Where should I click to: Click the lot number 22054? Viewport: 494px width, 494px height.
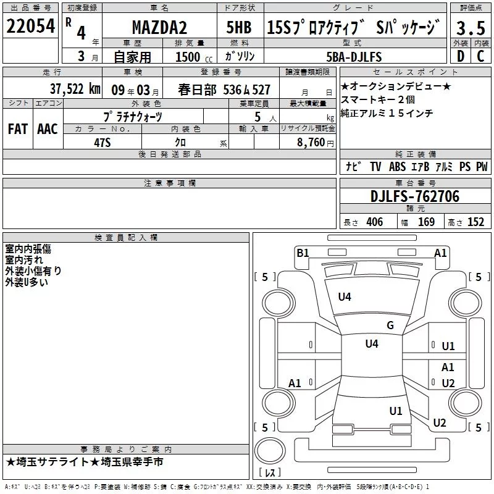[30, 26]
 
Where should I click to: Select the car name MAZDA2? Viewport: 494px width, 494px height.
[159, 27]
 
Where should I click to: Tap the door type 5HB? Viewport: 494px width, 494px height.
[239, 27]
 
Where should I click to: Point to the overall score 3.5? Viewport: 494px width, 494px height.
[471, 28]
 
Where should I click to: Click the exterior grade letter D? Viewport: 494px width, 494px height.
[461, 56]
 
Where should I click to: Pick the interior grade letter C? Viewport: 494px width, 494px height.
[480, 56]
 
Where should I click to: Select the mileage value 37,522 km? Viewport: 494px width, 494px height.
[75, 89]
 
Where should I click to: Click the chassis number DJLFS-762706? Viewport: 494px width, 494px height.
[415, 196]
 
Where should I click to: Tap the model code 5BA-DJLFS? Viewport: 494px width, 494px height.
[354, 57]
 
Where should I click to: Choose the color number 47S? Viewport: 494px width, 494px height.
[103, 143]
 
